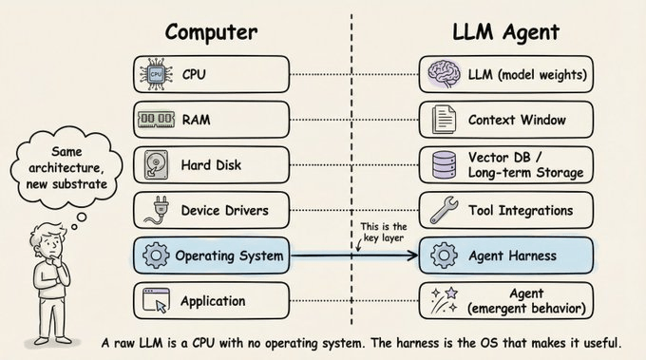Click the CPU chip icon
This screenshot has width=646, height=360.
click(x=156, y=73)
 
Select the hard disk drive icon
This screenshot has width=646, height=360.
click(x=156, y=164)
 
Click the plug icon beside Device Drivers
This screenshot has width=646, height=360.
click(x=155, y=210)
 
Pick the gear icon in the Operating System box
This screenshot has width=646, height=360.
click(x=156, y=255)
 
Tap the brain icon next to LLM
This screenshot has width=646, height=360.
click(x=442, y=73)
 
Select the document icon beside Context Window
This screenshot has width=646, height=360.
click(x=442, y=119)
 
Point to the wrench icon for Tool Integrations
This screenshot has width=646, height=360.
click(x=442, y=210)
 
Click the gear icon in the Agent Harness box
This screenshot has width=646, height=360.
click(x=442, y=255)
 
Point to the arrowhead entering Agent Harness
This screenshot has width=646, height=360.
click(x=413, y=256)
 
